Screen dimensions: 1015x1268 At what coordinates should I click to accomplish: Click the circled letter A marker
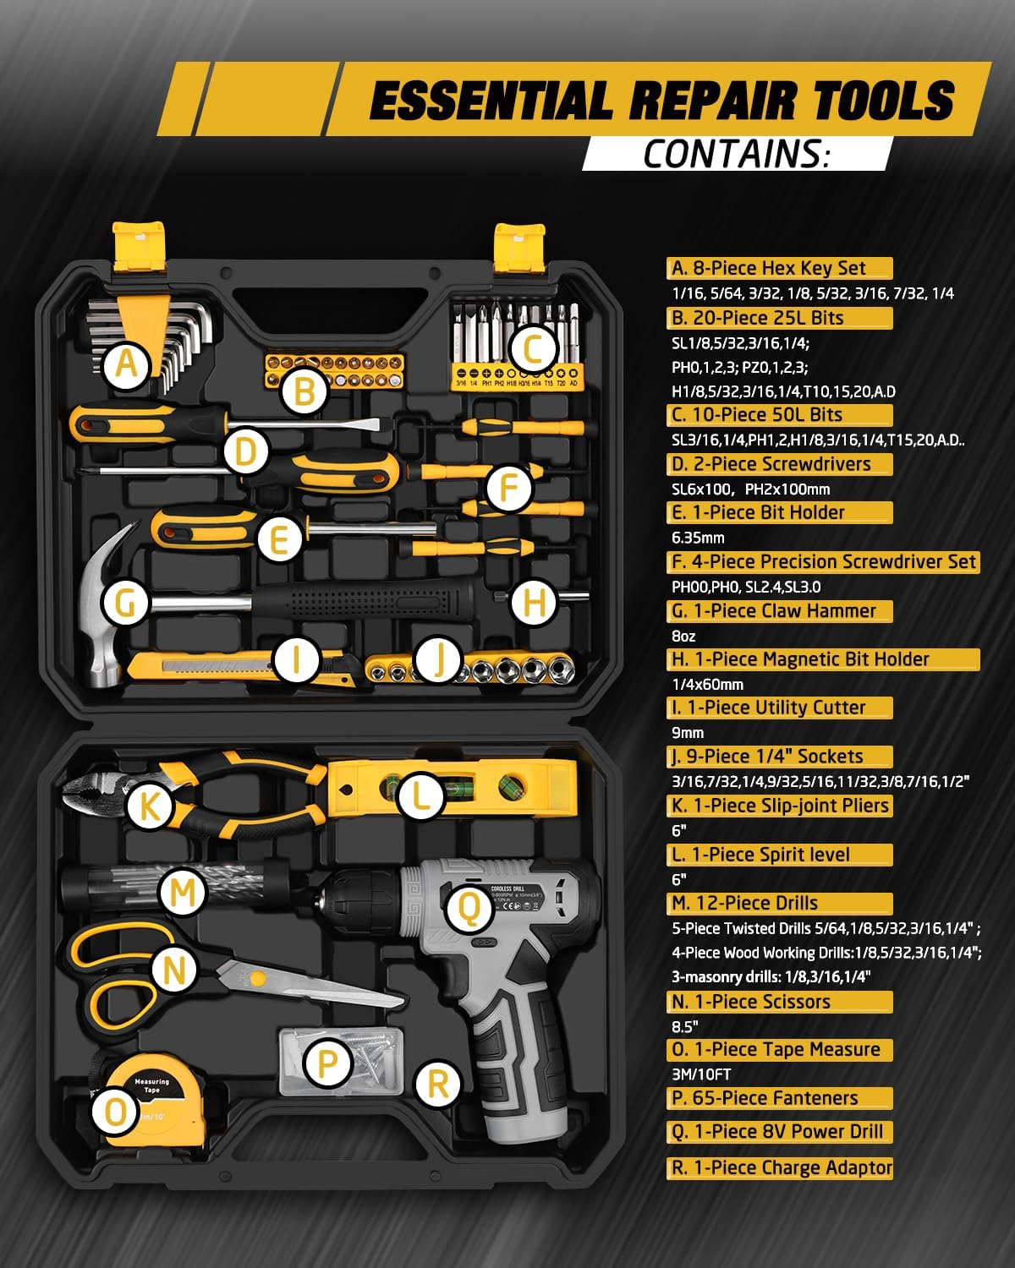[126, 364]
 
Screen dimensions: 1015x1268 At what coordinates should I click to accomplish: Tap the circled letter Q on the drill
[469, 909]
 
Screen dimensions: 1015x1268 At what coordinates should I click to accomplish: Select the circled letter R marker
[437, 1083]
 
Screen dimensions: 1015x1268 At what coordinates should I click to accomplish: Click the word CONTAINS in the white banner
[735, 155]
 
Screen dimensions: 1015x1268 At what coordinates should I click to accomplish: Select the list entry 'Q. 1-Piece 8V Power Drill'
[777, 1131]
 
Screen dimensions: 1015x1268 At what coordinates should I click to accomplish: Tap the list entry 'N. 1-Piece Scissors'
[751, 1001]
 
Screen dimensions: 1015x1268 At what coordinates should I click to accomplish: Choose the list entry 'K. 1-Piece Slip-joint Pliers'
[780, 806]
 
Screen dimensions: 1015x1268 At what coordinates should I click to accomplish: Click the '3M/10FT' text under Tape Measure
[701, 1074]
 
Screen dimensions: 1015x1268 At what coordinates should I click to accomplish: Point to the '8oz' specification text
[683, 637]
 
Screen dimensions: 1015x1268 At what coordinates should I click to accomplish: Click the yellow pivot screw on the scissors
[257, 979]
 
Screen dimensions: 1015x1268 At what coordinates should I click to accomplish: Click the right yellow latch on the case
[519, 248]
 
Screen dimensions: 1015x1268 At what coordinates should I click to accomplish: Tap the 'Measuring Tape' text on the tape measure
[151, 1085]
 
